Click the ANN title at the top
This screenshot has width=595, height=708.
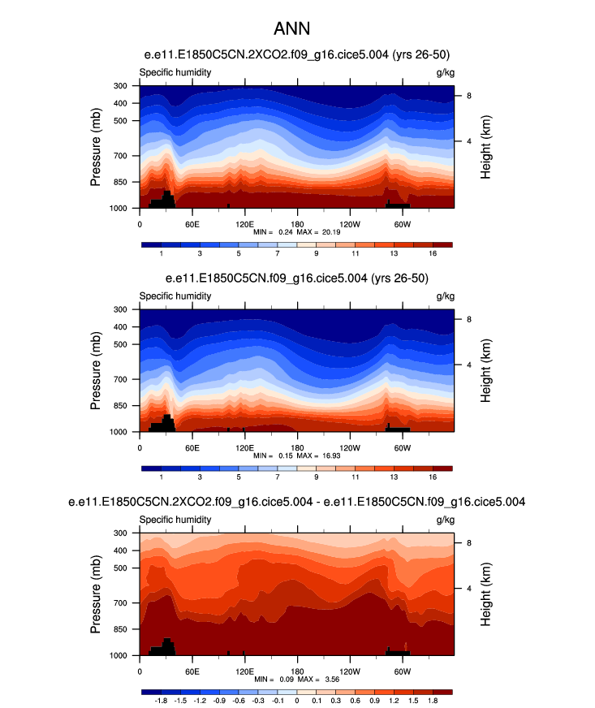coord(296,30)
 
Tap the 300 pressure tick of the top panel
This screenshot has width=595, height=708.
coord(120,86)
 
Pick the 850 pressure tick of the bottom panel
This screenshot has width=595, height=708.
coord(120,629)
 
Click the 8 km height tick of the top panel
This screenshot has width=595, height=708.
coord(468,96)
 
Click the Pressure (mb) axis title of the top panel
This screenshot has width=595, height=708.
coord(96,147)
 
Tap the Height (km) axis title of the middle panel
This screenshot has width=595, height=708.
coord(485,370)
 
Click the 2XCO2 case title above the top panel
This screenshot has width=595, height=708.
coord(296,55)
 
